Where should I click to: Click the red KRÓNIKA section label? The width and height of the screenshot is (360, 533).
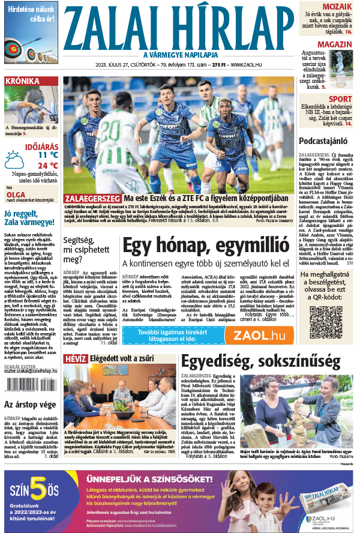click(x=22, y=81)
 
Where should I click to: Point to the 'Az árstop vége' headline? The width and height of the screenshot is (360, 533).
click(x=30, y=404)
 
